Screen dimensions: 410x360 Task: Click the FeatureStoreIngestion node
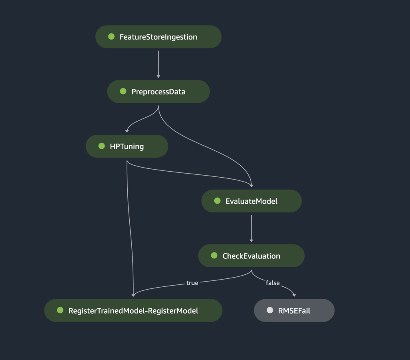click(x=158, y=37)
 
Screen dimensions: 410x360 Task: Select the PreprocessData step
click(x=158, y=92)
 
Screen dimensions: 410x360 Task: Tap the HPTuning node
click(x=127, y=146)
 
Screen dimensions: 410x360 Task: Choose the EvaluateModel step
click(x=251, y=201)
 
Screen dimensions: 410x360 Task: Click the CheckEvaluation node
click(x=251, y=256)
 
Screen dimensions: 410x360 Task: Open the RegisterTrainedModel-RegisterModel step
click(x=133, y=310)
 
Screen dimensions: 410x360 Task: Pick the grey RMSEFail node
click(x=294, y=310)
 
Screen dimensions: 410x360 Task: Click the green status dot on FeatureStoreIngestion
click(x=111, y=36)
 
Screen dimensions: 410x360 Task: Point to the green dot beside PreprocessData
click(x=123, y=91)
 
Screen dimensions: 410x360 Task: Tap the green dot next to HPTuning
click(x=102, y=146)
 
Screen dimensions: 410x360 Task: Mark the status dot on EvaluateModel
click(x=217, y=201)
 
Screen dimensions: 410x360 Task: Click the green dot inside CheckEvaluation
click(x=214, y=256)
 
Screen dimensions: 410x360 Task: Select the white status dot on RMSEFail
click(x=270, y=310)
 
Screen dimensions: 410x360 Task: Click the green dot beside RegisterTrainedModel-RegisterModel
click(x=60, y=310)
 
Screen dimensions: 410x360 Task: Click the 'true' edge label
click(x=192, y=283)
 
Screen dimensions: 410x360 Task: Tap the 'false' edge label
click(x=273, y=283)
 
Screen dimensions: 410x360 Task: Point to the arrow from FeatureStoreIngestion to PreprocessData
click(x=158, y=64)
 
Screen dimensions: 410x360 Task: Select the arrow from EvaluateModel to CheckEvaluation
click(x=251, y=228)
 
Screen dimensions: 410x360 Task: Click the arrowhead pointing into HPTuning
click(x=127, y=130)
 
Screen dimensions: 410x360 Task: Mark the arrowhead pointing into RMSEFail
click(x=294, y=295)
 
